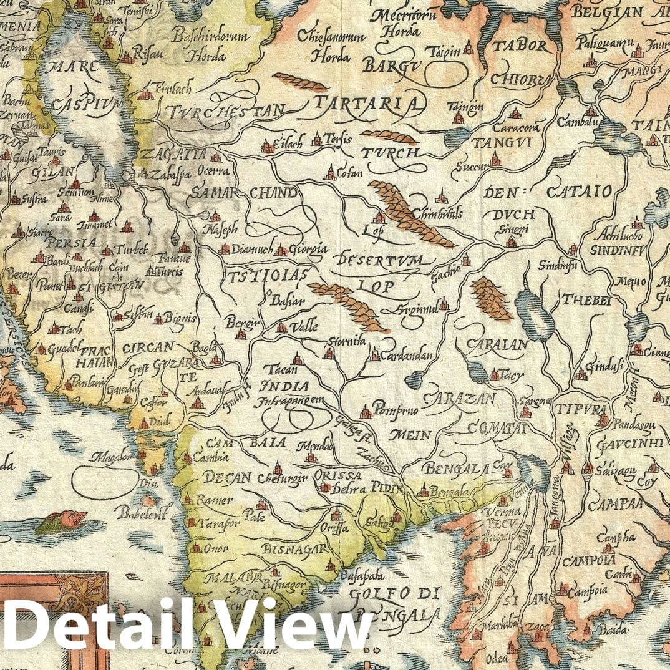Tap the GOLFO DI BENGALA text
point(398,603)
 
